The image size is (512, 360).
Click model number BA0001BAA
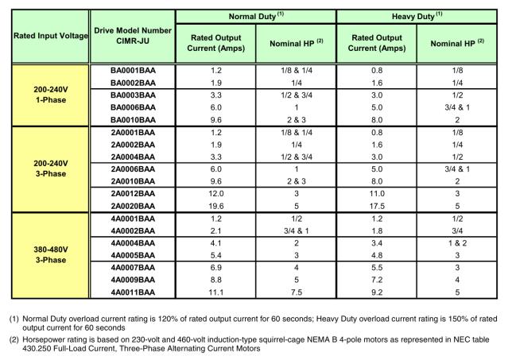pyautogui.click(x=131, y=70)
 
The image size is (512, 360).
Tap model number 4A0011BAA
pyautogui.click(x=131, y=294)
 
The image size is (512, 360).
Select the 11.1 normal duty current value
pyautogui.click(x=215, y=294)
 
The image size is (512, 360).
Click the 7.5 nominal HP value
pyautogui.click(x=297, y=294)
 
